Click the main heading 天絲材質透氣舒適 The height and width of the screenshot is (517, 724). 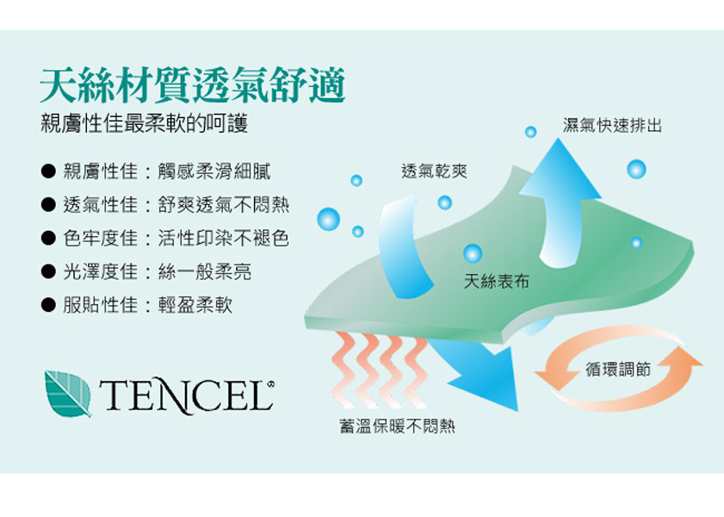coord(193,85)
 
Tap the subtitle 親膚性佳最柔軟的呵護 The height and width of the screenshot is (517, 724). coord(145,123)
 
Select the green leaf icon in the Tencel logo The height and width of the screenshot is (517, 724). coord(68,394)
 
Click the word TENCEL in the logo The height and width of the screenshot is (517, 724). coord(186,396)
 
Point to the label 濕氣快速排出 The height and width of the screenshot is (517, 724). coord(612,125)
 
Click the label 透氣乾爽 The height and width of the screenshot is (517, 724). coord(434,171)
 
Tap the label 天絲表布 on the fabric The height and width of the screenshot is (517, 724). coord(497,280)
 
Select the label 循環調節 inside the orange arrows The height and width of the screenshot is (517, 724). coord(618,369)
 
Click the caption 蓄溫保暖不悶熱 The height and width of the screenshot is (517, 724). coord(397,426)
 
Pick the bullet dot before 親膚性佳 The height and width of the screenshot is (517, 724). coord(48,171)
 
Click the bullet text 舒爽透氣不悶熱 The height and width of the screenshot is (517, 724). coord(224,205)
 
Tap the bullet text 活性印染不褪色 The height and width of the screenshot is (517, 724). coord(224,238)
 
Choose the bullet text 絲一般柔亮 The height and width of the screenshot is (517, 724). coord(205,271)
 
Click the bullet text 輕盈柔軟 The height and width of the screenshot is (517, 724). coord(195,304)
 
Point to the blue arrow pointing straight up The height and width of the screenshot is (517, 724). coord(560,203)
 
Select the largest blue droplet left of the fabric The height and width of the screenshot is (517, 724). coord(328,219)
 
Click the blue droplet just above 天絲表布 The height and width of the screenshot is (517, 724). coord(473,253)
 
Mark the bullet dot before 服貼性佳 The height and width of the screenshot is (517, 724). coord(48,304)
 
